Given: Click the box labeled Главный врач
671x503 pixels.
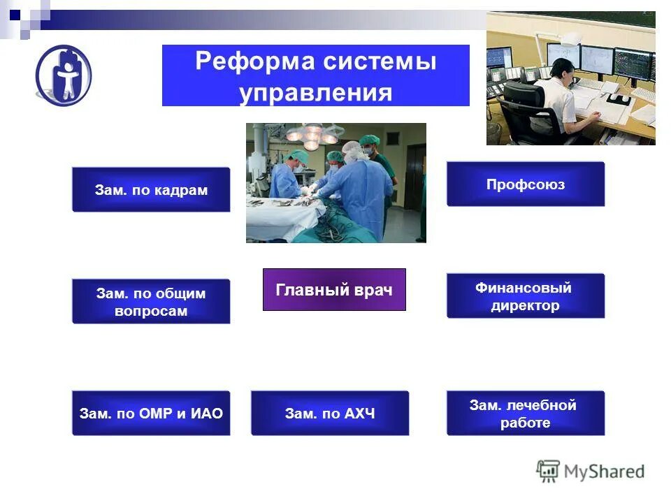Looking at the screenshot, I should pos(334,289).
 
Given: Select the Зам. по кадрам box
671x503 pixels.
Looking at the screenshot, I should pos(151,190).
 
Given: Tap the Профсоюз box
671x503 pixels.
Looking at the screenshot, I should pos(526,184).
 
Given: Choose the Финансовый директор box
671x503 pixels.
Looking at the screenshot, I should pos(526,296).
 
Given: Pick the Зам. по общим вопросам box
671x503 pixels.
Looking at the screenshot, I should pos(151,302).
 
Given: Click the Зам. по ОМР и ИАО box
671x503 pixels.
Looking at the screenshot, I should pos(151,414).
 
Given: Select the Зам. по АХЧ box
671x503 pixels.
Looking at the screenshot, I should pos(330,414).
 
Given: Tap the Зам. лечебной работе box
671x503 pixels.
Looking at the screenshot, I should pos(526,414).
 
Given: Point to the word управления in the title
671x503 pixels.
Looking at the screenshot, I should pos(316,93).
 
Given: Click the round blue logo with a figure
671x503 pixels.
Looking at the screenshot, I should pos(64,75).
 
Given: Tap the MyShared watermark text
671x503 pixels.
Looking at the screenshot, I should pos(604,472).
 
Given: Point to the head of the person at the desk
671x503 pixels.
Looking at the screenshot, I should pos(563,68).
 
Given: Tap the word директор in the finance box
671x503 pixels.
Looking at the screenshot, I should pos(525,306).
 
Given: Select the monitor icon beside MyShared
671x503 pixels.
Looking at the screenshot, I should pos(549,470).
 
